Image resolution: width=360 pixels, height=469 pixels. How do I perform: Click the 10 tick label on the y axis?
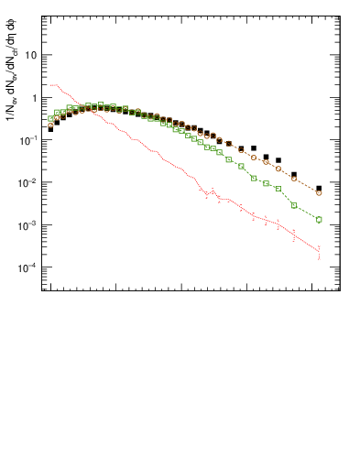[x=30, y=55]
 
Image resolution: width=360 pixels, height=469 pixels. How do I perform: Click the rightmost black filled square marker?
[x=319, y=189]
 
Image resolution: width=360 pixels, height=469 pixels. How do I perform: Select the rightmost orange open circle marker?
[x=319, y=193]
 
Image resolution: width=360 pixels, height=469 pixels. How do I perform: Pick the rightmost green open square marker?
[x=319, y=220]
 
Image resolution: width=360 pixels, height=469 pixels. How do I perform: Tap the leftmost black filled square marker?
[x=50, y=129]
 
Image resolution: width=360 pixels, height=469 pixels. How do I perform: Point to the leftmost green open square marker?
[x=50, y=119]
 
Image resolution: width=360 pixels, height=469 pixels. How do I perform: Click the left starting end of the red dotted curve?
[x=50, y=85]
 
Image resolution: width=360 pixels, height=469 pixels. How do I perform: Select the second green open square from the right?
[x=294, y=205]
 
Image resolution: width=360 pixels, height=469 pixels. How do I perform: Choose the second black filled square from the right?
[x=294, y=174]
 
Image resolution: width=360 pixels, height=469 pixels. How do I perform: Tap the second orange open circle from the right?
[x=294, y=178]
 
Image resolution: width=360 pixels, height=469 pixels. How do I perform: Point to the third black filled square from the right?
[x=278, y=159]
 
